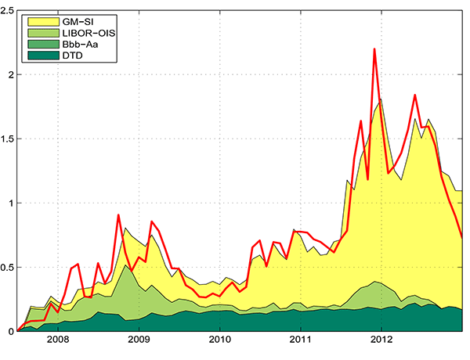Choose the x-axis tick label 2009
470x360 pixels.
click(139, 341)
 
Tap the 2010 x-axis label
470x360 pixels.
click(219, 341)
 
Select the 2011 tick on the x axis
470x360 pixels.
click(301, 341)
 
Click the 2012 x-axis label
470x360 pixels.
click(381, 341)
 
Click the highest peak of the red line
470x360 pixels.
click(374, 49)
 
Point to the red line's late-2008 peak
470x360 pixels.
click(118, 214)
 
